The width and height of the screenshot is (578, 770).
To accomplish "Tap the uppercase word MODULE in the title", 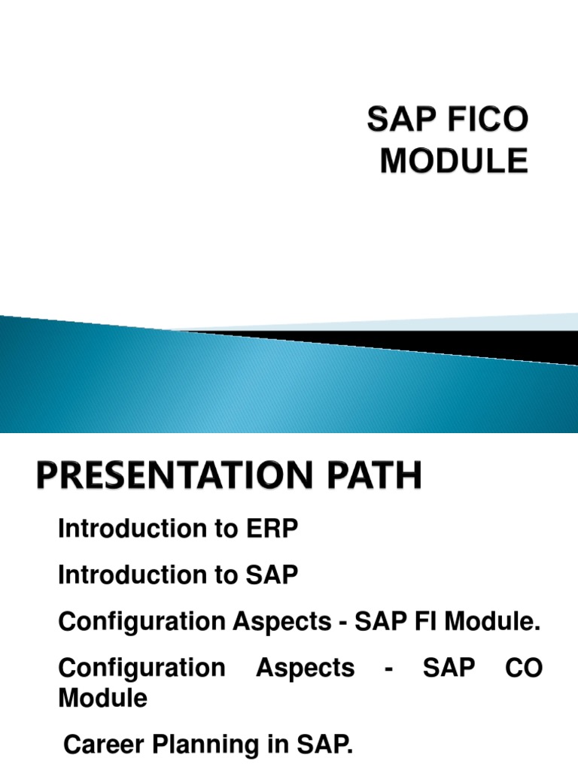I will pos(453,161).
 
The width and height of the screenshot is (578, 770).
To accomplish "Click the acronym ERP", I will pos(274,529).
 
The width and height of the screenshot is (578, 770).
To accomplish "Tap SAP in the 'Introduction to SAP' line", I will pos(274,576).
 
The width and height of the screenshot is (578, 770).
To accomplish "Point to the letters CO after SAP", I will pos(525,668).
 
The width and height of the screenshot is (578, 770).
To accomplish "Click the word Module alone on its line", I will pos(102,699).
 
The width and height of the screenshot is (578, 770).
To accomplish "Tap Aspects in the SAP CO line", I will pos(306,668).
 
